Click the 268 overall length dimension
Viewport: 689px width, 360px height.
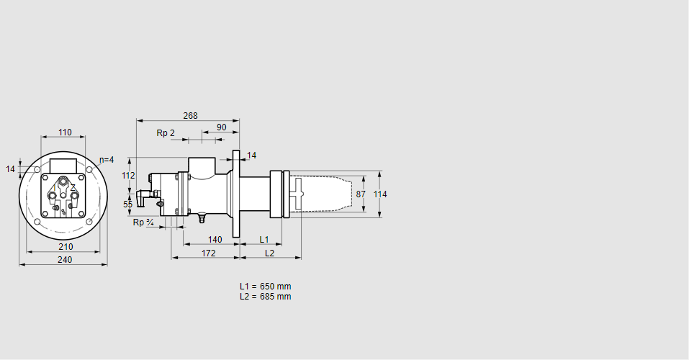click(190, 115)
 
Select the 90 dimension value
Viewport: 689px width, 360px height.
click(221, 127)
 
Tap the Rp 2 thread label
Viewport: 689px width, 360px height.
click(166, 133)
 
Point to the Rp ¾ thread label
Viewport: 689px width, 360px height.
click(143, 222)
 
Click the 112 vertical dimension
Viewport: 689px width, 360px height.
click(128, 176)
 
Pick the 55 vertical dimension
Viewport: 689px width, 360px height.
click(128, 204)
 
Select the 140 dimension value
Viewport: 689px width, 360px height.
click(215, 239)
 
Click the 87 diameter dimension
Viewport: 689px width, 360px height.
click(361, 194)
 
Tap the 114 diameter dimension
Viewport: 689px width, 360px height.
click(380, 194)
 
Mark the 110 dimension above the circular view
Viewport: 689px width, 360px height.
click(65, 132)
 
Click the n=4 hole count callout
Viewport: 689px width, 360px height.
click(106, 160)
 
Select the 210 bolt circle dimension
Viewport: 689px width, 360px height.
click(65, 247)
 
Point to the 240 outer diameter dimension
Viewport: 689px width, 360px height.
click(65, 260)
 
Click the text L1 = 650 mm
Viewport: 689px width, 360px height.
click(265, 287)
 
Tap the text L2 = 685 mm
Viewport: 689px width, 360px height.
click(265, 297)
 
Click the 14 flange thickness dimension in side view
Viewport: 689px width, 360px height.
click(251, 156)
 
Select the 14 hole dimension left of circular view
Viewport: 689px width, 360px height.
click(10, 169)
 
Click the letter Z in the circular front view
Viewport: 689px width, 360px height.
click(73, 188)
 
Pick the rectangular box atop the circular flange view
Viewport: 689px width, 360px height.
click(63, 165)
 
